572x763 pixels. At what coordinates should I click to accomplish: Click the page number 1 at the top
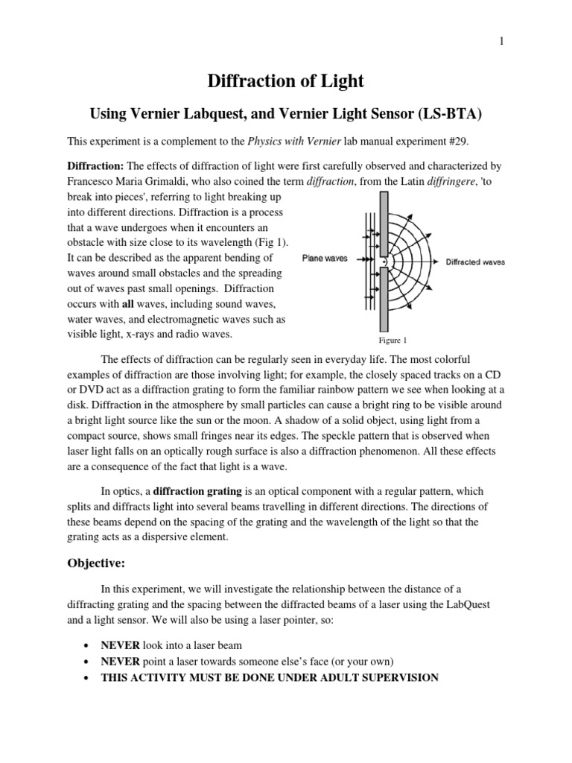click(502, 42)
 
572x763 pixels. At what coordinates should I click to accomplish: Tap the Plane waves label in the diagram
click(322, 261)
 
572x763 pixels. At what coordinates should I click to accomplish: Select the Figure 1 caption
click(393, 341)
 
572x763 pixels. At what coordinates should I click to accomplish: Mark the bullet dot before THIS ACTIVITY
click(90, 678)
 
